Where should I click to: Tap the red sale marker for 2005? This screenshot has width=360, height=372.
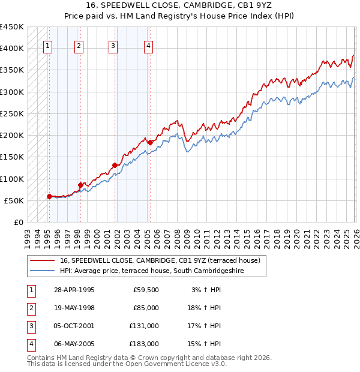(x=150, y=142)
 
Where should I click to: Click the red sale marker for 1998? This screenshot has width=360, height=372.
(x=80, y=185)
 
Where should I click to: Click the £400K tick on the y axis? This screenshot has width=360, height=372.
(x=12, y=49)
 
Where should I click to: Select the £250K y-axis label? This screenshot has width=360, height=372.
(x=12, y=113)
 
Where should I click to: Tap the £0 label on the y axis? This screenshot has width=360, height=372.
(x=18, y=222)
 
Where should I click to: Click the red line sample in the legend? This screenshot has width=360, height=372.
(x=42, y=260)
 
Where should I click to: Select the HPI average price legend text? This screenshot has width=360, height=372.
(x=160, y=271)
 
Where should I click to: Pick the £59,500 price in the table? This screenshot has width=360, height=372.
(x=146, y=290)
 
